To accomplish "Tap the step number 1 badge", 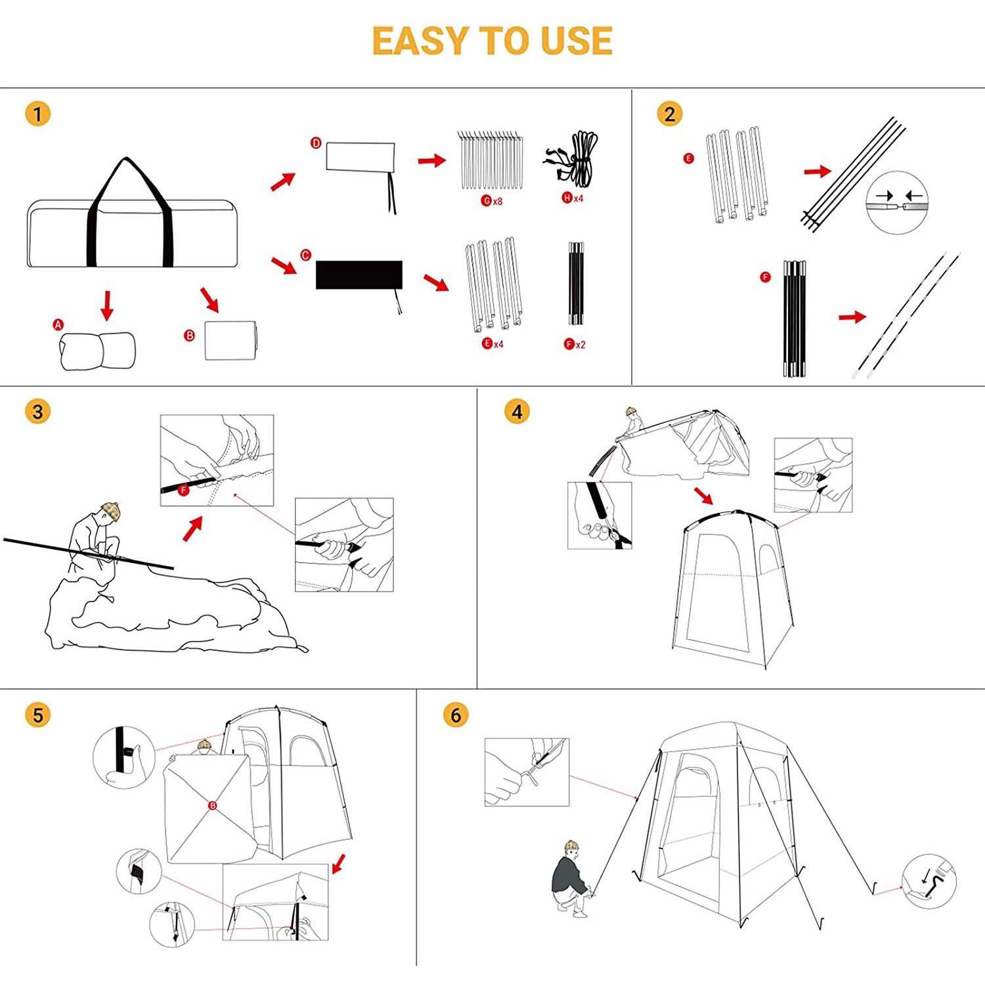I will pos(37,114).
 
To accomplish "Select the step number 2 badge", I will pos(669,114).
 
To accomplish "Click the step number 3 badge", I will pos(37,412).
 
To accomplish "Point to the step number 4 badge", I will pos(517,412).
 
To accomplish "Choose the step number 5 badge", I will pos(37,714).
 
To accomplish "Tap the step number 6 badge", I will pos(456,714).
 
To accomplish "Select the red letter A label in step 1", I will pos(58,324).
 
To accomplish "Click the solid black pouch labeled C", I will pos(359,274).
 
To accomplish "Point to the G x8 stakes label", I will pos(492,200).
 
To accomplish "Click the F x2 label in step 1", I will pos(575,344).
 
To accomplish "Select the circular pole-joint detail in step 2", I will pos(896,203).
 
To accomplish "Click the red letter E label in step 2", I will pos(688,158).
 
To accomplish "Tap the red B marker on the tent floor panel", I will pos(212,805).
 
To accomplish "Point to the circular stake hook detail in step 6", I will pos(929,881).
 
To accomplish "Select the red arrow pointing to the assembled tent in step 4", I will pos(703,495).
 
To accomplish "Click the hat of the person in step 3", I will pos(111,510).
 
